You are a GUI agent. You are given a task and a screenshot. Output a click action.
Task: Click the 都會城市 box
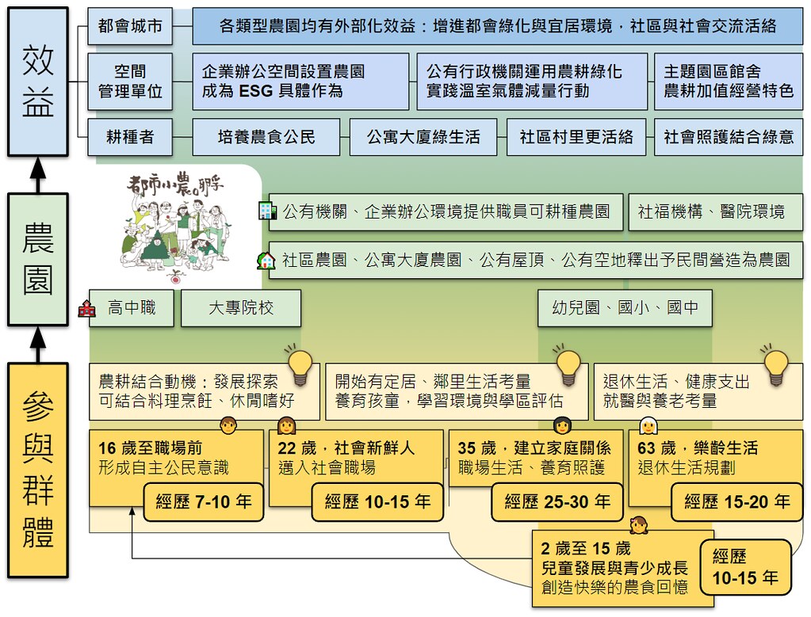click(x=130, y=26)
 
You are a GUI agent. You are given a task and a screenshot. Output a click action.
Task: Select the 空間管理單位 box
click(x=130, y=81)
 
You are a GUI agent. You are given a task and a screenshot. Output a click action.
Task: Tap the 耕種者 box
click(x=130, y=137)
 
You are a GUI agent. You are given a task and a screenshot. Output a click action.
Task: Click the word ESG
click(x=255, y=91)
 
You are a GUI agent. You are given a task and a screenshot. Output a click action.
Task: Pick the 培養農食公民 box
click(x=266, y=137)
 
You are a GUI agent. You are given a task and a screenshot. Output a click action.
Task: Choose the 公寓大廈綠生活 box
click(x=423, y=137)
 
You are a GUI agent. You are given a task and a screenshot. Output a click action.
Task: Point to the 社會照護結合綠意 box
click(x=729, y=137)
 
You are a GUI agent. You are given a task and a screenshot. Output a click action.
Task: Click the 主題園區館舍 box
click(x=729, y=81)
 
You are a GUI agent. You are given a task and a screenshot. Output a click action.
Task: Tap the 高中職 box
click(x=132, y=308)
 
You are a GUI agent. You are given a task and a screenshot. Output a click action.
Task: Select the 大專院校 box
click(x=241, y=308)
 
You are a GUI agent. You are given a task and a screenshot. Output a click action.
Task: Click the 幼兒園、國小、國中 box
click(x=625, y=308)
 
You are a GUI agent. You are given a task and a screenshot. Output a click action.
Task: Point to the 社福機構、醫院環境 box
click(x=715, y=211)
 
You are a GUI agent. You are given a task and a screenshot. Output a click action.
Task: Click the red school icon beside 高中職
click(x=87, y=309)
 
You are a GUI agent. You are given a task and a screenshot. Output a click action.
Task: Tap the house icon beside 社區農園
click(x=266, y=260)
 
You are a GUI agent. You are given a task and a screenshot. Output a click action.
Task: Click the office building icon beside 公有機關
click(x=267, y=211)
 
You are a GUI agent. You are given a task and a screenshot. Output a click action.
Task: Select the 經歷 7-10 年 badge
click(x=203, y=502)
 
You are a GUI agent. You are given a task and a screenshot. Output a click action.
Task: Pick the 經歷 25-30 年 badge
click(x=557, y=502)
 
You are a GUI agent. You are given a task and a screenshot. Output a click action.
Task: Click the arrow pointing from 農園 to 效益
click(x=37, y=175)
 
